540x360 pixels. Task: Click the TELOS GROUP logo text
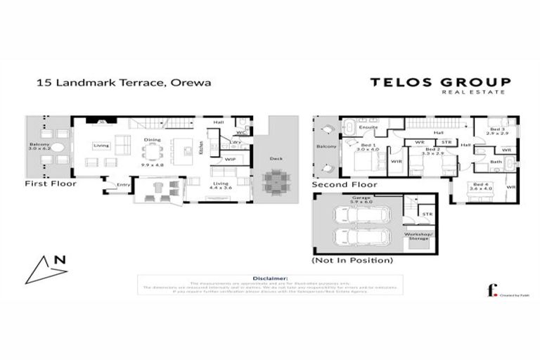point(440,83)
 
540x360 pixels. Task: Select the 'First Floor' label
point(50,184)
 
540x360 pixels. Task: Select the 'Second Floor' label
point(345,185)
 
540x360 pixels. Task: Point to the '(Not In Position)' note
point(352,260)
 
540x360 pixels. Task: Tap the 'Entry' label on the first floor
point(124,185)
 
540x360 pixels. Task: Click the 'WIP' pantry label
point(230,160)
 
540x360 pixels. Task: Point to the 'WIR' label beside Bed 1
point(395,161)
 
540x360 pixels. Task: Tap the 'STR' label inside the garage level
point(426,214)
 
